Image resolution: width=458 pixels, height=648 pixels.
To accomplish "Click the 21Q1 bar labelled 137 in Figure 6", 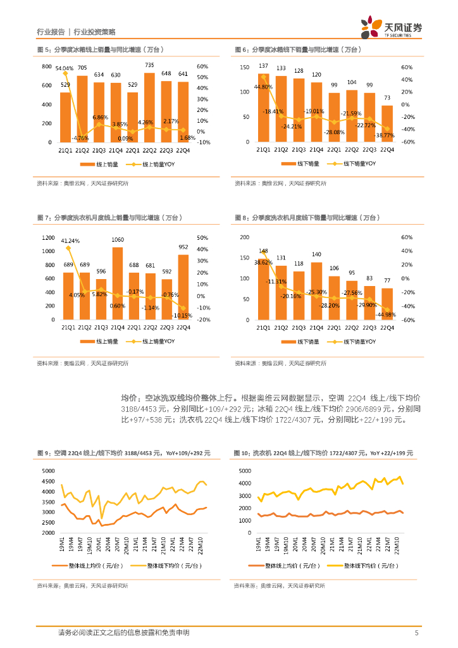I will [x=264, y=108].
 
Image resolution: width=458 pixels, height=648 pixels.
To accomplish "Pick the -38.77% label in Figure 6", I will [x=385, y=135].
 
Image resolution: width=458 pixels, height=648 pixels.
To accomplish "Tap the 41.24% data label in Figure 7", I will [x=70, y=241].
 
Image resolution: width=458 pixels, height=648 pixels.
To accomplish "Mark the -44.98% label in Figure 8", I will [x=386, y=315].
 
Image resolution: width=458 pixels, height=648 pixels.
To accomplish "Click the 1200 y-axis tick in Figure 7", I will [x=49, y=238].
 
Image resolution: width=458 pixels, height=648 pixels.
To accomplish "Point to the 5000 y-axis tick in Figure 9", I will [x=48, y=471].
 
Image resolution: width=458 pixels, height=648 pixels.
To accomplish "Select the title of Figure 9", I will [x=123, y=453].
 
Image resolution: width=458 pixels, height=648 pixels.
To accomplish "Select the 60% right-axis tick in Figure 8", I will [x=407, y=238].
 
